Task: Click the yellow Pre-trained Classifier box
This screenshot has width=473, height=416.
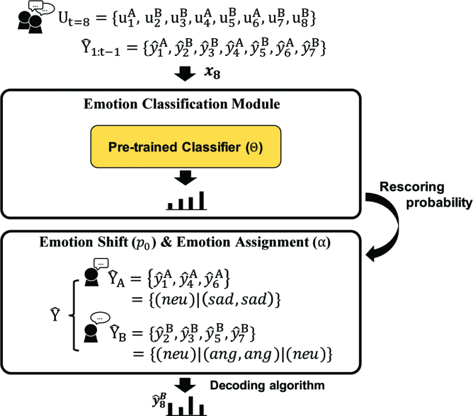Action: tap(184, 147)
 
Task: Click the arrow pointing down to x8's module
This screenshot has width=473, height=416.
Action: tap(185, 74)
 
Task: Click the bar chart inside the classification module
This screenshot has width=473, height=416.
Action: tap(186, 200)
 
